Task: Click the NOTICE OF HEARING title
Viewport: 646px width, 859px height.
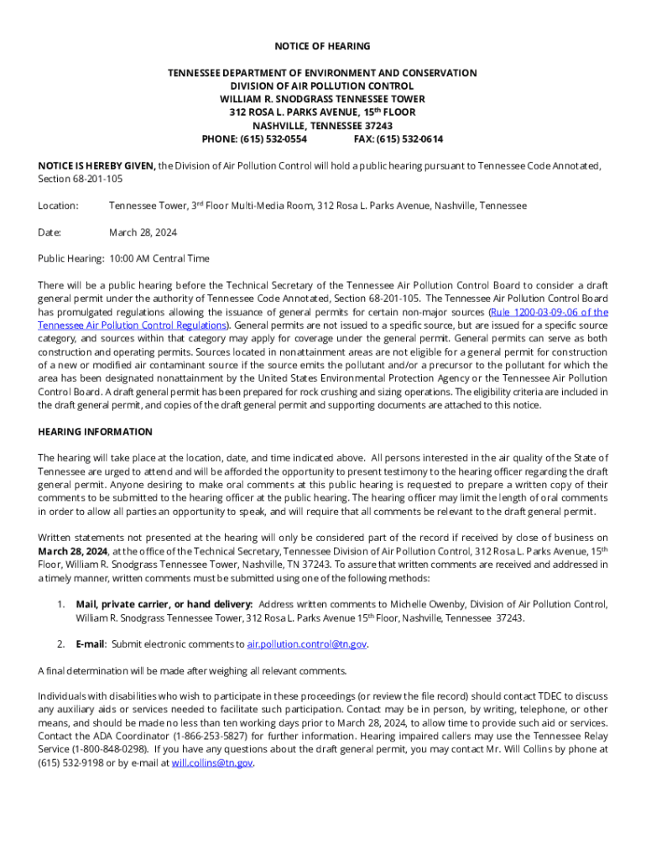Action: pos(322,46)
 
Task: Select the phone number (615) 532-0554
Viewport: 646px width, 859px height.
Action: pos(274,139)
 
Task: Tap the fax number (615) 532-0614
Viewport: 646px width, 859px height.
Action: pos(410,139)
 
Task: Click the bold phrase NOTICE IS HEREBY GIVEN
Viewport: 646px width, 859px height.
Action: pos(96,166)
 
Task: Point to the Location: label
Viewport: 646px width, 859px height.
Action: pos(58,206)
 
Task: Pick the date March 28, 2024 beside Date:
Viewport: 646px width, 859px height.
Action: pos(143,232)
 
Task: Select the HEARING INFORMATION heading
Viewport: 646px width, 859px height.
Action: pos(95,432)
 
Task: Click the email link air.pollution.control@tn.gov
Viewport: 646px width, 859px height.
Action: pos(307,644)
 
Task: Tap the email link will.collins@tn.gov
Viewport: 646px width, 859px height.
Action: pos(211,763)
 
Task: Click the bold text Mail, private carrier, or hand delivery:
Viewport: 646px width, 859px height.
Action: pos(164,604)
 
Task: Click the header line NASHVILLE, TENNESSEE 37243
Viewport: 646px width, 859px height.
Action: pos(322,126)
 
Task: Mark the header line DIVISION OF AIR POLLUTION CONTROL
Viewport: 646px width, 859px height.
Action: pos(322,86)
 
